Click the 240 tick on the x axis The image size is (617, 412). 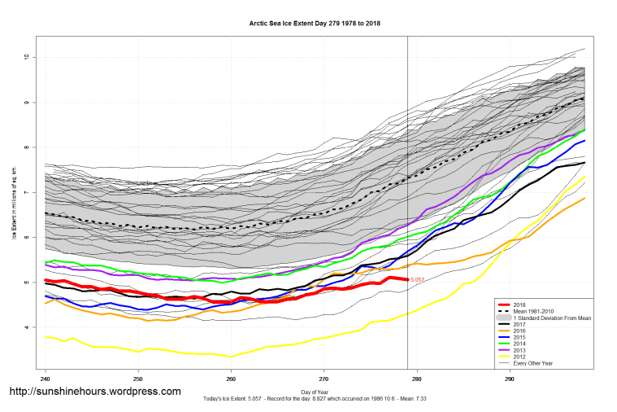point(45,379)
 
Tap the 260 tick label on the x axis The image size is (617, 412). point(231,379)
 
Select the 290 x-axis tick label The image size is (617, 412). point(510,379)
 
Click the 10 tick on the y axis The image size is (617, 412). point(27,57)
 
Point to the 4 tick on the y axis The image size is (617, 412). point(27,327)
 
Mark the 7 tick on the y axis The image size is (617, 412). point(27,192)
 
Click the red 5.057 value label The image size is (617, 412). point(417,280)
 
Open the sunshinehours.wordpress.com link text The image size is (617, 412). point(94,392)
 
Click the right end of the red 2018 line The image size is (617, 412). point(406,279)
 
